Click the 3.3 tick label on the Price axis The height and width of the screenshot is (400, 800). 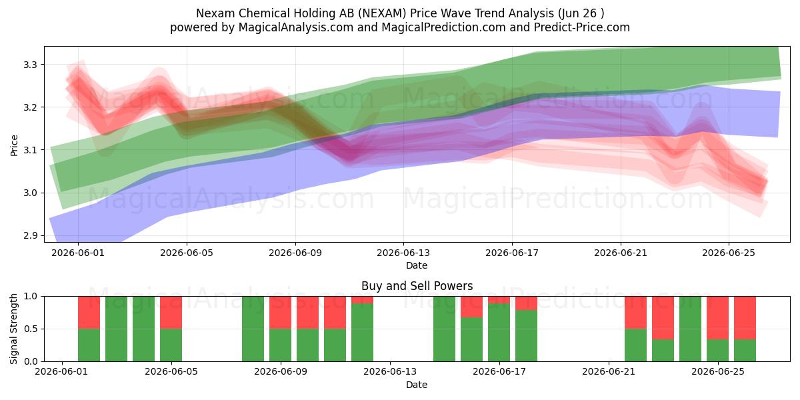coord(30,65)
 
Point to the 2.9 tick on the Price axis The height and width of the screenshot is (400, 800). coord(30,236)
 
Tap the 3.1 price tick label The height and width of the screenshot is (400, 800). coord(30,150)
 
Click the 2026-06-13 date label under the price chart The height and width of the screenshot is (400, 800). coord(403,253)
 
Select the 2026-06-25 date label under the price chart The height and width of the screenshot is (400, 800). coord(729,253)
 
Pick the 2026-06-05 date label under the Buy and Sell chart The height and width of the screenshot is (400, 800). coord(171,372)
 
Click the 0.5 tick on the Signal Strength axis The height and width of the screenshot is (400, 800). coord(30,329)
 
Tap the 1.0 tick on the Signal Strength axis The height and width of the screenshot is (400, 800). coord(30,297)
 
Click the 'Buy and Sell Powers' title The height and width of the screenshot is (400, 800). coord(417,286)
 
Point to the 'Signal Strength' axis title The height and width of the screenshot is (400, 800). coord(13,329)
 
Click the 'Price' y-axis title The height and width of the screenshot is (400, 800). coord(14,145)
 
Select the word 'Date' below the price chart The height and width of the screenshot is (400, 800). coord(417,265)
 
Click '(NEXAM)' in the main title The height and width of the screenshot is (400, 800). coord(383,13)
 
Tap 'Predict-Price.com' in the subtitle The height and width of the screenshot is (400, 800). coord(582,27)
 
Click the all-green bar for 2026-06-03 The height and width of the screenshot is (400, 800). coord(117,329)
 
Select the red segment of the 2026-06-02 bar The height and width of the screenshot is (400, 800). coord(89,313)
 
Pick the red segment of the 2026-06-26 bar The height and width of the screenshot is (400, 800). coord(745,318)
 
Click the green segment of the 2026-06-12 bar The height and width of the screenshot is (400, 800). coord(362,333)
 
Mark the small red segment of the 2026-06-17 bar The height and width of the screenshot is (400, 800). coord(499,300)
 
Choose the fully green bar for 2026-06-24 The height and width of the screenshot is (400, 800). coord(691,329)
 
